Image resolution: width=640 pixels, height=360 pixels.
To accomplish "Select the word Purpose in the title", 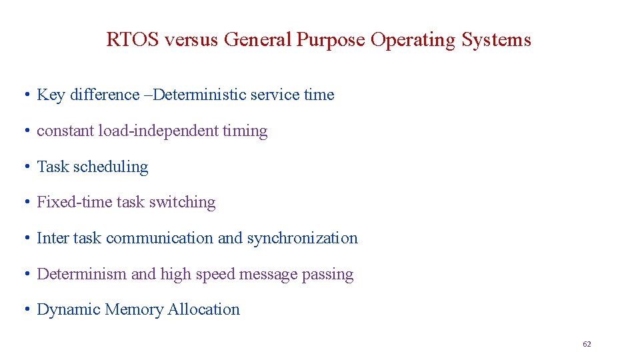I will point(331,40).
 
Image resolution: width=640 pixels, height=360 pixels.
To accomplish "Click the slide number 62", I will point(587,344).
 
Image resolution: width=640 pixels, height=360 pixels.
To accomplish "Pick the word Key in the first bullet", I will point(51,95).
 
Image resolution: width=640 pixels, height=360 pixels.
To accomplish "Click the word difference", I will point(104,95).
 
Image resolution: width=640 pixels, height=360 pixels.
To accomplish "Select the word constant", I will point(65,131).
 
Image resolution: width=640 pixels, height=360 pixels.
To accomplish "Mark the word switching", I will point(182,202).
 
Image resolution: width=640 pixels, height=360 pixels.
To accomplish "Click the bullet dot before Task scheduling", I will point(25,167).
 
